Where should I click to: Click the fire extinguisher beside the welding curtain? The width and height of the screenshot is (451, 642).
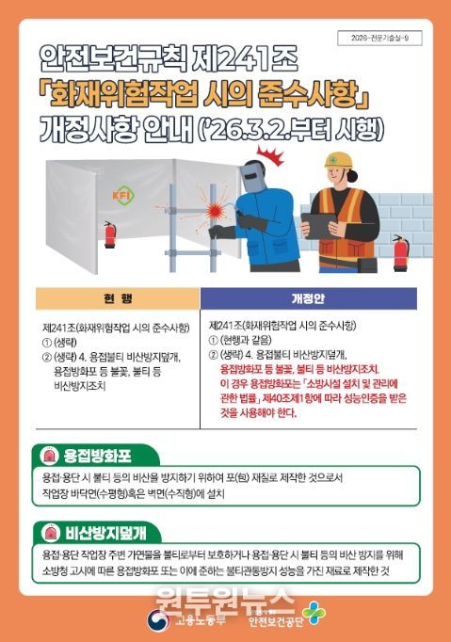click(109, 233)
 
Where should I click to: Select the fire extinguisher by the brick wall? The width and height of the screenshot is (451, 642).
click(400, 251)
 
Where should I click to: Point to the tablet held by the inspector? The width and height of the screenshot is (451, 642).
click(321, 226)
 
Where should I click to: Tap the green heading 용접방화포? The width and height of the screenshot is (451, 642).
click(97, 456)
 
